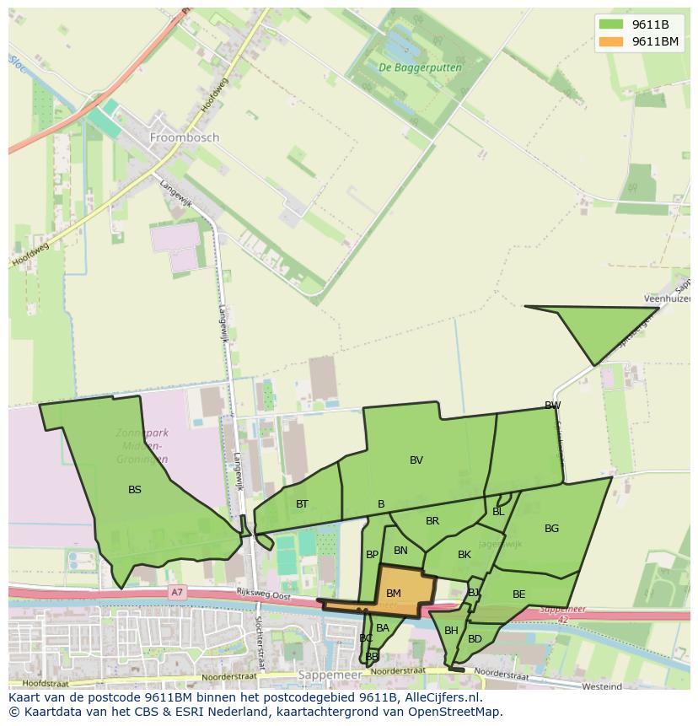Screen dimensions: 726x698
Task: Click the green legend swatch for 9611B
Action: (x=612, y=24)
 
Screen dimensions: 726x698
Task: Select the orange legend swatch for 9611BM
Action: (x=612, y=41)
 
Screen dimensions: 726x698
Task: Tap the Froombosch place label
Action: (x=184, y=137)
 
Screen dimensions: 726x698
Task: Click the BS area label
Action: (x=135, y=489)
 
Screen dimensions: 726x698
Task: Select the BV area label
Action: (x=416, y=460)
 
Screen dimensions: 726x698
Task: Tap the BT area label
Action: (x=302, y=503)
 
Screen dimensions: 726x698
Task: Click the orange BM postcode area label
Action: (x=394, y=593)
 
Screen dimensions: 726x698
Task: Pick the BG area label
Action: (x=551, y=529)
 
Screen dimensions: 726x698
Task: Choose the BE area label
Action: (x=518, y=594)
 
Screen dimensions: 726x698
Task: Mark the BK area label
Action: (x=464, y=554)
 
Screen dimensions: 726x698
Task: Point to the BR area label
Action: (x=432, y=521)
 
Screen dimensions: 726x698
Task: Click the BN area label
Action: (x=400, y=551)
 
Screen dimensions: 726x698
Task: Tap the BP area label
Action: (x=372, y=555)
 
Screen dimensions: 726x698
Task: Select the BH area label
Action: (x=451, y=631)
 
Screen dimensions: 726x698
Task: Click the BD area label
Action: (x=475, y=639)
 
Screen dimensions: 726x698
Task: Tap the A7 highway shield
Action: (x=176, y=592)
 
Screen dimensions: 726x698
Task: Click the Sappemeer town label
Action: (x=330, y=675)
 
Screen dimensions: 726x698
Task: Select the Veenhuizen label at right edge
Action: (x=668, y=298)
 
